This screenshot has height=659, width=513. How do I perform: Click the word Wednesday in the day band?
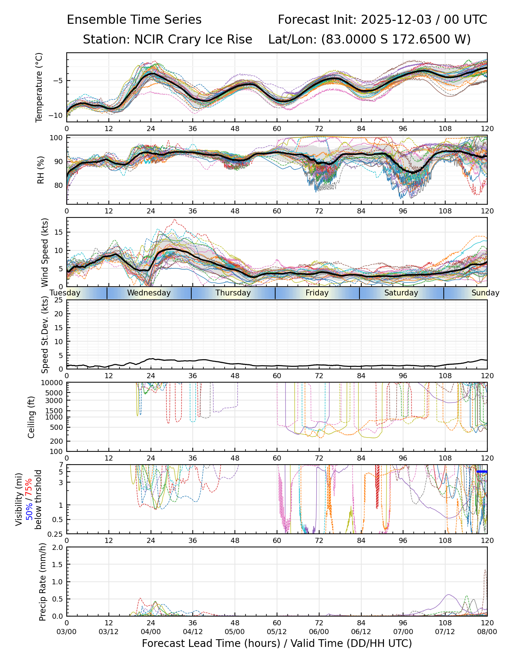[x=149, y=293]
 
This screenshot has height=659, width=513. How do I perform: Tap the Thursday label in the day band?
[x=233, y=293]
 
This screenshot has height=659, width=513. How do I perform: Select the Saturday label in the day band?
[x=401, y=293]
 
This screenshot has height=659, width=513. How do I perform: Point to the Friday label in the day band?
[x=317, y=293]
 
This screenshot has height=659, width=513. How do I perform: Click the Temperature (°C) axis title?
[x=39, y=87]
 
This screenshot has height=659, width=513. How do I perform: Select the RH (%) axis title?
[x=41, y=170]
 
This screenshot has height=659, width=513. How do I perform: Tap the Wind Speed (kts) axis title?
[x=45, y=252]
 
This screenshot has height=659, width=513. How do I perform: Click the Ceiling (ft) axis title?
[x=32, y=417]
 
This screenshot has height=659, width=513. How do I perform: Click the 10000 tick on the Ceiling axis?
[x=53, y=383]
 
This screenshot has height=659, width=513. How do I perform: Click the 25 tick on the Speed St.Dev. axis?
[x=59, y=300]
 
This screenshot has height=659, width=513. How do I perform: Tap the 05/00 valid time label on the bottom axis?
[x=235, y=632]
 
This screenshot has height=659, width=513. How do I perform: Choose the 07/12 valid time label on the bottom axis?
[x=445, y=632]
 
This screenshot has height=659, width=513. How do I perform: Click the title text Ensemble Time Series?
[x=134, y=20]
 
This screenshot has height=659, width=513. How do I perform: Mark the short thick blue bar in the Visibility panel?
[x=481, y=472]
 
